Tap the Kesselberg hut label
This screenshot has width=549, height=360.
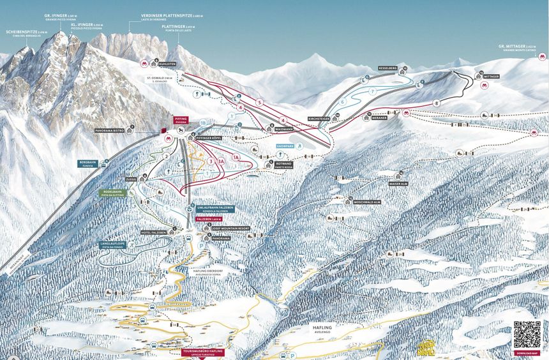[x=387, y=67]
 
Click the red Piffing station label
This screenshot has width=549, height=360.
[x=181, y=120]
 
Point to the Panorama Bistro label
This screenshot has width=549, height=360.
[x=109, y=130]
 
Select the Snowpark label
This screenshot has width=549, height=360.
[x=285, y=146]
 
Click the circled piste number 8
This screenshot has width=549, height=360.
[x=437, y=103]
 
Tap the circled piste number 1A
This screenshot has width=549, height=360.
[x=236, y=157]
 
